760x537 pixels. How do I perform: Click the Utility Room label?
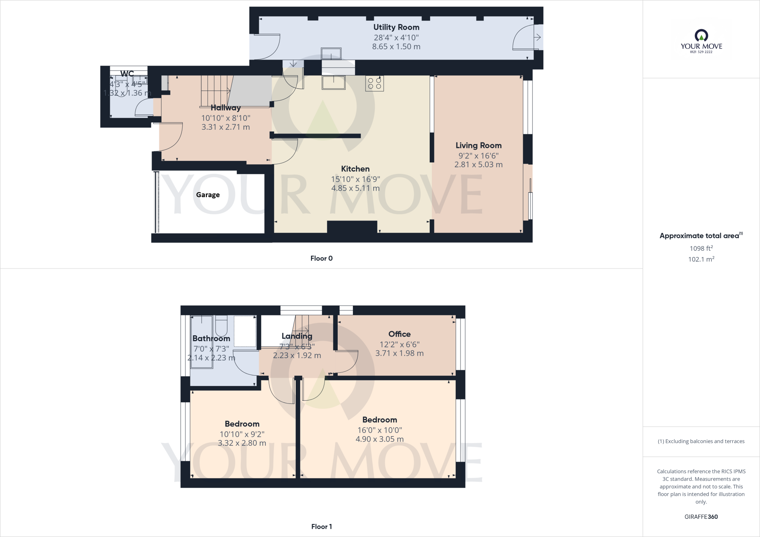(x=396, y=27)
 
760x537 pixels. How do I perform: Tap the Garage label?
(x=208, y=195)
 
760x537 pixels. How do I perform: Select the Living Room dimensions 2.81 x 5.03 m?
(x=478, y=165)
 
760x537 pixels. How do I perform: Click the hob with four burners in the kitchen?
(x=374, y=83)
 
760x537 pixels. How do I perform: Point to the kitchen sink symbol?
(x=334, y=82)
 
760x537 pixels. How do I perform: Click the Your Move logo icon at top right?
(x=701, y=36)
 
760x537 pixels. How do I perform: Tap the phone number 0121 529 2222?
(x=701, y=52)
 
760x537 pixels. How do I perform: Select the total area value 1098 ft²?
(x=701, y=248)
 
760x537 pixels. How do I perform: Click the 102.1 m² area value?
(x=701, y=259)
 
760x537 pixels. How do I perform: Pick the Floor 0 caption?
(x=321, y=258)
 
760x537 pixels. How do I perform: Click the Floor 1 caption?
(x=321, y=527)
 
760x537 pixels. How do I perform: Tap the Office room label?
(x=399, y=334)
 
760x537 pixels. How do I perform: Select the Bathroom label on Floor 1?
(x=211, y=338)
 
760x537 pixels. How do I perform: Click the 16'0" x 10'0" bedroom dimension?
(x=380, y=430)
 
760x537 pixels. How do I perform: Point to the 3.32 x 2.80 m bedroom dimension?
(x=242, y=443)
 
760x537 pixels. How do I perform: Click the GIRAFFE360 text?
(x=701, y=517)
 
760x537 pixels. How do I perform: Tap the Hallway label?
(x=226, y=108)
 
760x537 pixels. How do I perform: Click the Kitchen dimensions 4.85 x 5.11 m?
(x=355, y=188)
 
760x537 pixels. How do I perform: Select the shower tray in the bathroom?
(x=245, y=331)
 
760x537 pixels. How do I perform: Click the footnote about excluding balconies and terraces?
(x=701, y=441)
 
